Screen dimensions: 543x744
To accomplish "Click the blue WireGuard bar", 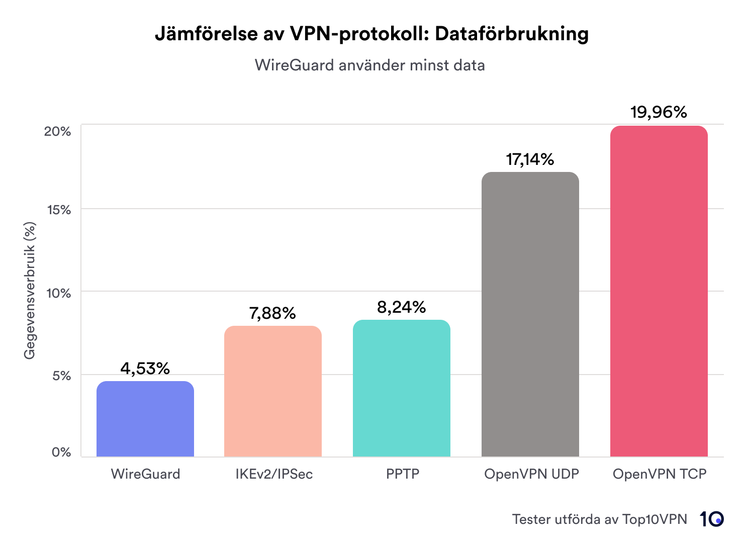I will point(145,419).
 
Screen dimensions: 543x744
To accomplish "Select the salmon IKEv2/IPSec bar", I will point(273,391).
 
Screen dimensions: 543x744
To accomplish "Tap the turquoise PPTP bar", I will point(401,388).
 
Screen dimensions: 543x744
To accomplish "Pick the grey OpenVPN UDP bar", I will point(530,314).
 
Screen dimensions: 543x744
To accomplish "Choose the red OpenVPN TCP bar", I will point(659,291).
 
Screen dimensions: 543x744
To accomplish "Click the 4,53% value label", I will point(145,369).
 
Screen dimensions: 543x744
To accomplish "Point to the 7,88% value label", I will point(272,313).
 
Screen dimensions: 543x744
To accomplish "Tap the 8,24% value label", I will point(401,307).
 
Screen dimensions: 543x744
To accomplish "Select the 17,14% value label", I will point(530,159).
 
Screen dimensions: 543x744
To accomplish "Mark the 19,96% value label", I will point(659,112).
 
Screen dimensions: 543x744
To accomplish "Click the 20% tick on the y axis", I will point(57,131).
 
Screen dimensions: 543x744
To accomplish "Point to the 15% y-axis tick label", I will point(59,210).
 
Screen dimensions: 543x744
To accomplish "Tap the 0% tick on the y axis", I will point(61,452).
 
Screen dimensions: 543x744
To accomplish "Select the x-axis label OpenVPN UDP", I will point(531,474).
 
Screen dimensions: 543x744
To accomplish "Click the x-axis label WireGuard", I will point(145,474).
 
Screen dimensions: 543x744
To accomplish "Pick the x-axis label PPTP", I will point(402,474).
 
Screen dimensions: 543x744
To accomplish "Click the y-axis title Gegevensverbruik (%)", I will point(30,291).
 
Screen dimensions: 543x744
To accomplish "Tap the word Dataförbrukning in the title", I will point(511,34).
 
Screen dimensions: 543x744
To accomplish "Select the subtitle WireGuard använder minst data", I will point(369,65).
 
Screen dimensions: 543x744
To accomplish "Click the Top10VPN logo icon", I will point(711,519).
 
